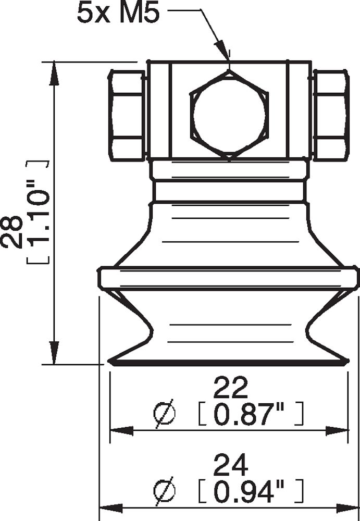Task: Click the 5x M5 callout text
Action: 117,13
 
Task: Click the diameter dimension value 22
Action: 229,388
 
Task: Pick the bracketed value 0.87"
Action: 245,414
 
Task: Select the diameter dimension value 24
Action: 229,466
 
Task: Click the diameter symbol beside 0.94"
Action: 165,491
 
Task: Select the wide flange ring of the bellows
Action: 228,277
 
